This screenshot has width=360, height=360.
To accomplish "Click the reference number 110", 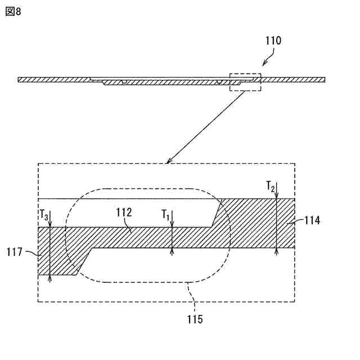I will pos(273,40).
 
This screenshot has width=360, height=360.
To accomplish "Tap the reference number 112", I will pos(124,213).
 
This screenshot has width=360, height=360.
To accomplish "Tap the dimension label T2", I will pos(271,187).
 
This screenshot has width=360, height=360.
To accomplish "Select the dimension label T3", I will pos(43,215).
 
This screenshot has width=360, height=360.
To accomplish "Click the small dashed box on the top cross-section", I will pos(246,82).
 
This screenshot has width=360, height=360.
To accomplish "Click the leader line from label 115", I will pos(190,297).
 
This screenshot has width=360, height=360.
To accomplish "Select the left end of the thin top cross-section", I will pos(20,79).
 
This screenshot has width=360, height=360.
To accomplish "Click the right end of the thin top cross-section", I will pos(324,79).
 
